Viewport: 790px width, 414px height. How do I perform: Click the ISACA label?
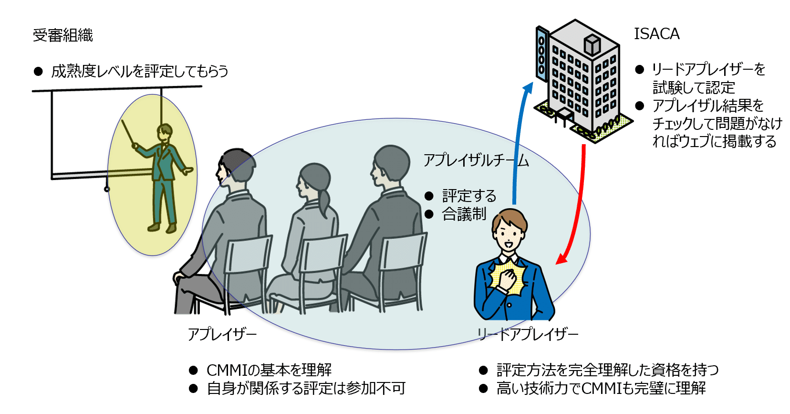(x=656, y=34)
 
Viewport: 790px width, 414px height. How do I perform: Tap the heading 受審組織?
(x=62, y=35)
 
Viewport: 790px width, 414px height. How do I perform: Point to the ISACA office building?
(x=580, y=81)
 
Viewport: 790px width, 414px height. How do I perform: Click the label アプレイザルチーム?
(x=476, y=160)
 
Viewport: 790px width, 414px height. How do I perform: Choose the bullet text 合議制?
(x=464, y=214)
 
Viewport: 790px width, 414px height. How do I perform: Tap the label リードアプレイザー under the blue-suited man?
(x=528, y=334)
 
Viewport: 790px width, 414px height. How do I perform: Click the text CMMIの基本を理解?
(x=269, y=370)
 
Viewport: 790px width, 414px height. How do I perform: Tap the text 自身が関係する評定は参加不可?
(x=306, y=388)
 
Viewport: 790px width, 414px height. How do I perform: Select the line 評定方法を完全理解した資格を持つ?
(x=607, y=370)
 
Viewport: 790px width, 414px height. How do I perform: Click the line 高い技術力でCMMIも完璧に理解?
(x=601, y=388)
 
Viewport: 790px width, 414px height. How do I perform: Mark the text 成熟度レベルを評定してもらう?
(x=139, y=72)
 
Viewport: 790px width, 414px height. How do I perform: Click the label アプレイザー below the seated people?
(x=222, y=334)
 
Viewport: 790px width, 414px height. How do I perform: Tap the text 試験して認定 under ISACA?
(x=693, y=88)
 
